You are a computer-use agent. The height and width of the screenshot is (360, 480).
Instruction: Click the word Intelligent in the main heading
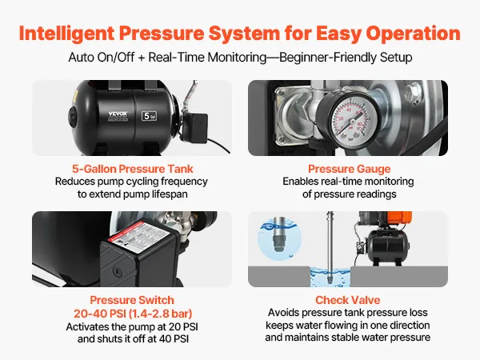[66, 34]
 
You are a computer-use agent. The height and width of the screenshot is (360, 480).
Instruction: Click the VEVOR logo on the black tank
[118, 114]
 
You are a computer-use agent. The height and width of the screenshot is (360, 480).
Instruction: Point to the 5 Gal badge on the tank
[149, 116]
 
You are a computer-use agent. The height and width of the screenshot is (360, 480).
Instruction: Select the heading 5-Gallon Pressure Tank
[133, 169]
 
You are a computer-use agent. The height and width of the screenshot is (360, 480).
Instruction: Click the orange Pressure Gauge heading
[350, 169]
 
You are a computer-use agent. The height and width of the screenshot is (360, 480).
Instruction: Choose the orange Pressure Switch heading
[132, 300]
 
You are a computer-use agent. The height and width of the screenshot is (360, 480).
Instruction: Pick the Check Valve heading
[348, 300]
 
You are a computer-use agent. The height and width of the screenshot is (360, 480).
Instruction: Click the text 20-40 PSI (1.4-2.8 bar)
[133, 314]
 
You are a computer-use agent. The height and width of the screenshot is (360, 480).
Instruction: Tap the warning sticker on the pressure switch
[139, 233]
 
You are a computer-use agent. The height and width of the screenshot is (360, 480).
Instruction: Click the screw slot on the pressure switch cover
[117, 270]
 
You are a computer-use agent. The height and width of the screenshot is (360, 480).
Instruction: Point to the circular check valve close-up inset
[279, 238]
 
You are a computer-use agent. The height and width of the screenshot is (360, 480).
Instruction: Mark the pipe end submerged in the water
[330, 277]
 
